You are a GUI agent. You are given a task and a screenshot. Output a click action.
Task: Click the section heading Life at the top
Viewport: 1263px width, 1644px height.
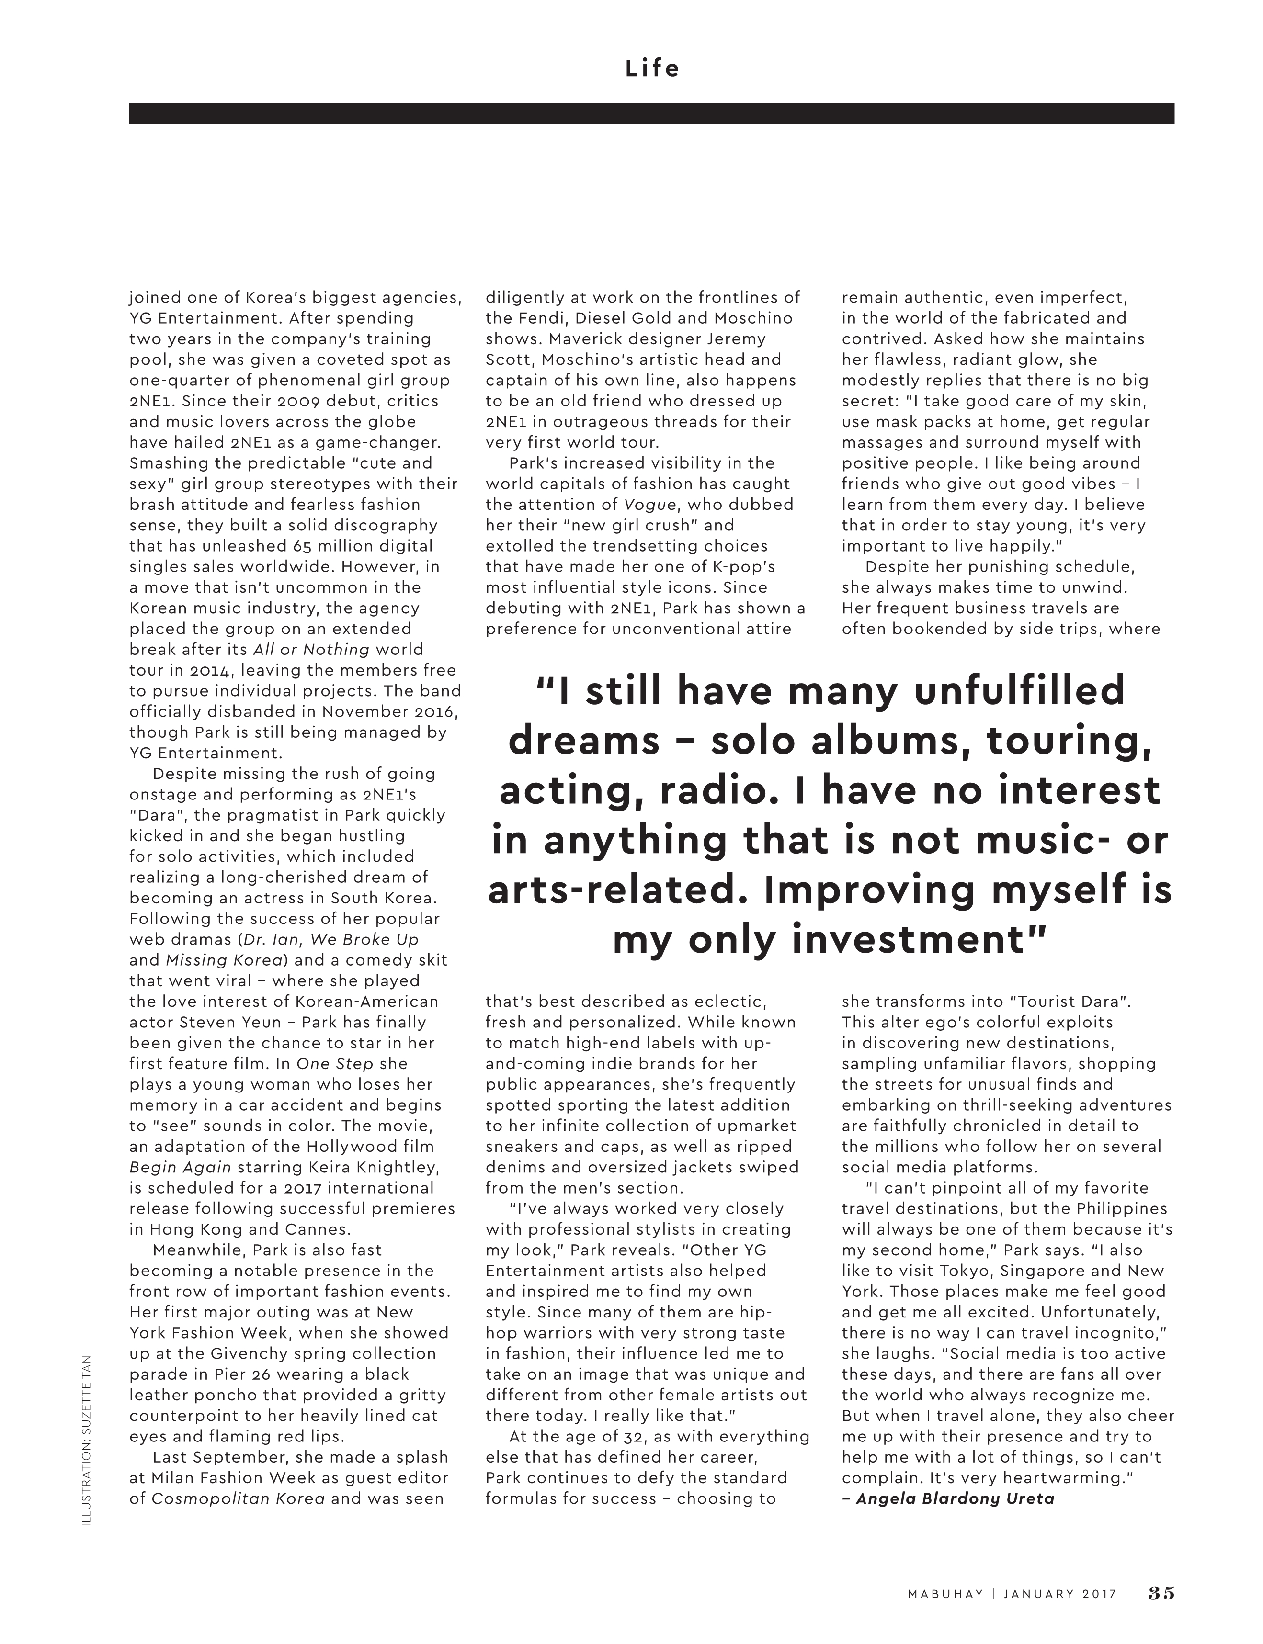pyautogui.click(x=652, y=68)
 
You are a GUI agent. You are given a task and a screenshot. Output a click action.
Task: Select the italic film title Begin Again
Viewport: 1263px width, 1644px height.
pyautogui.click(x=181, y=1168)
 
